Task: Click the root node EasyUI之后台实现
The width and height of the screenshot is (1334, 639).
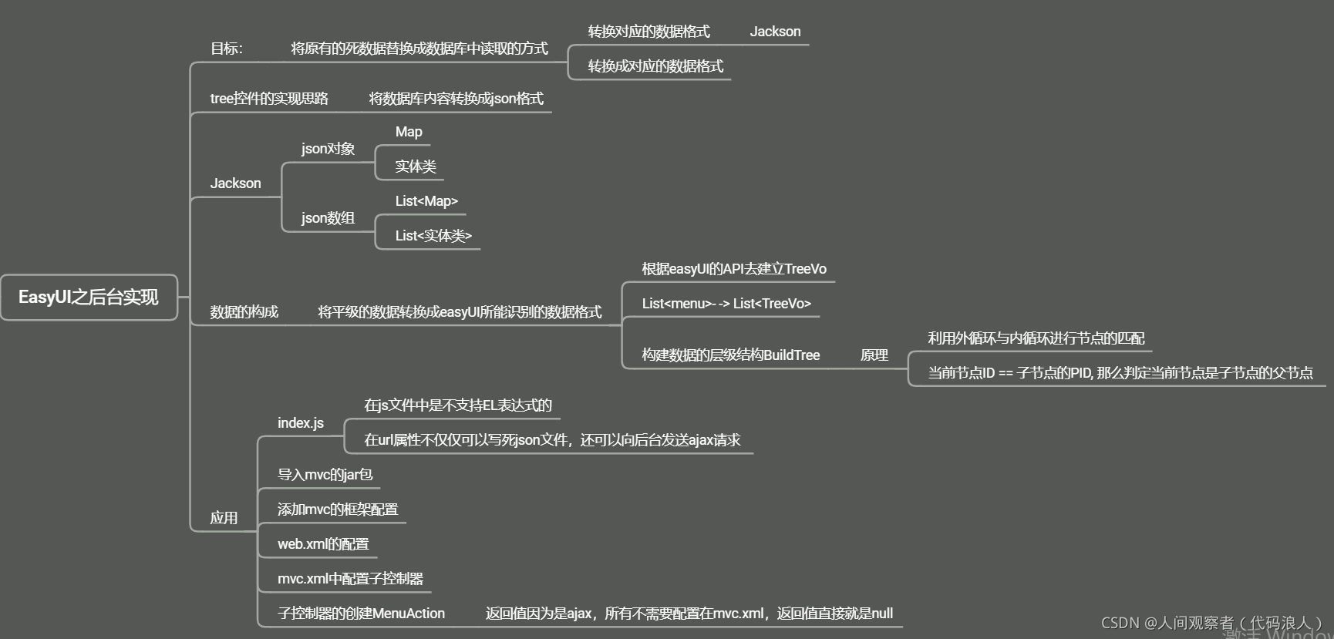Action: tap(89, 298)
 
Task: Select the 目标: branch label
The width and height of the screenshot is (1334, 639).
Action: tap(226, 49)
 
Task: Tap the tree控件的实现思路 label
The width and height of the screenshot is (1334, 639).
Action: tap(269, 99)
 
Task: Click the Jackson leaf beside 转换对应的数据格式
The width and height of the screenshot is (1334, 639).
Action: tap(775, 32)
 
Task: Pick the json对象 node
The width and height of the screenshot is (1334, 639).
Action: tap(328, 149)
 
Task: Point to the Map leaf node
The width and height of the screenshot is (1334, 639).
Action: tap(409, 132)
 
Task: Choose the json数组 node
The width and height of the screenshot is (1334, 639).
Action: tap(328, 218)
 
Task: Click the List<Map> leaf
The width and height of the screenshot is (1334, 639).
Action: tap(426, 201)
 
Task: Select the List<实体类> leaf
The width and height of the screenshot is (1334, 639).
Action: tap(433, 236)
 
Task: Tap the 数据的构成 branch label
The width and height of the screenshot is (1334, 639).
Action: tap(244, 312)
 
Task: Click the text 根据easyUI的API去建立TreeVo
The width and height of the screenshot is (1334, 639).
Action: tap(734, 269)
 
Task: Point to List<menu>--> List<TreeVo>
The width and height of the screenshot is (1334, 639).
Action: tap(726, 304)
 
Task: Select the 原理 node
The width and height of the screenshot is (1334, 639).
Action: tap(874, 355)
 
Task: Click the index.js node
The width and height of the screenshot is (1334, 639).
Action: tap(301, 423)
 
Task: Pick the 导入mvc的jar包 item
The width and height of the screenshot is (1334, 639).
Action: tap(325, 475)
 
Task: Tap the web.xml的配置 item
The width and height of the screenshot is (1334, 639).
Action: tap(323, 544)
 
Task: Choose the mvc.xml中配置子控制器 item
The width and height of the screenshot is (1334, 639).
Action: tap(350, 579)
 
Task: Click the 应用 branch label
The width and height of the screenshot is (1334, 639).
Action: tap(224, 518)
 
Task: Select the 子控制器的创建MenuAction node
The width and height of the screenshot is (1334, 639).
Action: tap(361, 614)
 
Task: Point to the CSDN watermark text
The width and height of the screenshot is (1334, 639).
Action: tap(1211, 623)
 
